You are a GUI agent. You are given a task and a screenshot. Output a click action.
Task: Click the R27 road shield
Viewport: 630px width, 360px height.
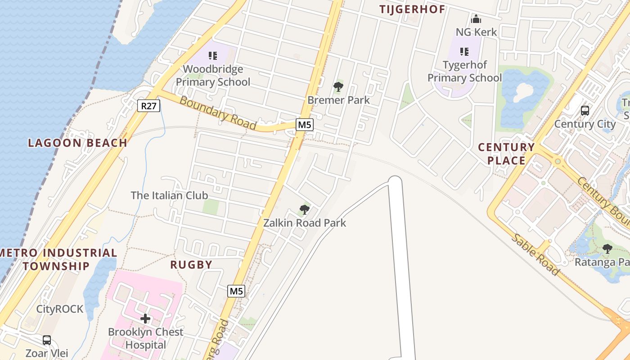(148, 106)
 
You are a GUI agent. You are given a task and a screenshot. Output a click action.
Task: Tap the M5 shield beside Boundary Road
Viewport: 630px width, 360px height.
(305, 125)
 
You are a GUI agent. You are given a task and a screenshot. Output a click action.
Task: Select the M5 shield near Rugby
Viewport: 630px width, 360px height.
(236, 291)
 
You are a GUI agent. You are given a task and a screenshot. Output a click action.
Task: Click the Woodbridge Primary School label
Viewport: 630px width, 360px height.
(213, 76)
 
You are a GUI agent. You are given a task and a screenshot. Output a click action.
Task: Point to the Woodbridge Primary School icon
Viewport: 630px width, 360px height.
(213, 56)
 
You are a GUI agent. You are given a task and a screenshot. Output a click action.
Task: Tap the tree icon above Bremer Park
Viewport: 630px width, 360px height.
(338, 87)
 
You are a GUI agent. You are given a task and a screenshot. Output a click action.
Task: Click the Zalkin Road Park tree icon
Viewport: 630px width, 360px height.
(305, 210)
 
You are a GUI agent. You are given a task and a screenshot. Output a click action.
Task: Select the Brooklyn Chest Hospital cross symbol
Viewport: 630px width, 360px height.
(145, 319)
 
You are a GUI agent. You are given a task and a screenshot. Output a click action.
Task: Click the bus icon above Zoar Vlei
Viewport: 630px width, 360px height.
(47, 340)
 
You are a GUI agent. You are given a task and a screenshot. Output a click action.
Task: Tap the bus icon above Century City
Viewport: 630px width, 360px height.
(585, 110)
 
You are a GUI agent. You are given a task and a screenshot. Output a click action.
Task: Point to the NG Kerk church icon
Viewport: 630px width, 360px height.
(476, 19)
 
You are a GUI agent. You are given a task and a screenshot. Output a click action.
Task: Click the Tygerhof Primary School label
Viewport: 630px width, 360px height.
(464, 71)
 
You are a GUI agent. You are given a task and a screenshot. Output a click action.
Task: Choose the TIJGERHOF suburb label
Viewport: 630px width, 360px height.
(412, 9)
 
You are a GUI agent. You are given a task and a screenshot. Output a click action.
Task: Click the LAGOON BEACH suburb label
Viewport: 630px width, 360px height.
(77, 143)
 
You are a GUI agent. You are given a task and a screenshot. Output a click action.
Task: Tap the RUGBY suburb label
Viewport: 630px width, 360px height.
(191, 265)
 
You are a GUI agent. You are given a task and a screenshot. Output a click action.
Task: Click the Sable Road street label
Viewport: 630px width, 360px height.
(536, 254)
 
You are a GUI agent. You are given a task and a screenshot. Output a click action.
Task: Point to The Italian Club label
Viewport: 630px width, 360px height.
(169, 195)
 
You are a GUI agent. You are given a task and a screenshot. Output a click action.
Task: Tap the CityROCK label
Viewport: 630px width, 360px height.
(60, 309)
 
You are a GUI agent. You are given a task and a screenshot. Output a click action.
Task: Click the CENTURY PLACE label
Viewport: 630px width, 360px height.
(506, 154)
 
